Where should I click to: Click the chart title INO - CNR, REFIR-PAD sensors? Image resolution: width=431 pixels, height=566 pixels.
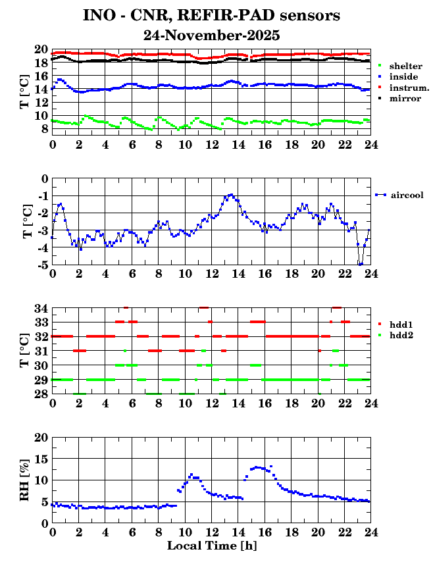(x=211, y=15)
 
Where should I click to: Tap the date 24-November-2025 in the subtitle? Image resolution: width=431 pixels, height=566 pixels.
(x=211, y=35)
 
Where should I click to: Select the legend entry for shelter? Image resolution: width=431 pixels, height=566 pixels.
(x=405, y=66)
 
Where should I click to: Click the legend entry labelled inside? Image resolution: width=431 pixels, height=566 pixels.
(x=403, y=77)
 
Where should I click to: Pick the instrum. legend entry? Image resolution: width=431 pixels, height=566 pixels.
(x=409, y=88)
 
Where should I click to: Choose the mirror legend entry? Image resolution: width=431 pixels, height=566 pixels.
(x=405, y=98)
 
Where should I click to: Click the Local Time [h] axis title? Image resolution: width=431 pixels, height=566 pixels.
(x=211, y=546)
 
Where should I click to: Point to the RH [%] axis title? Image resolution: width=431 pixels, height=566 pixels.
(x=27, y=480)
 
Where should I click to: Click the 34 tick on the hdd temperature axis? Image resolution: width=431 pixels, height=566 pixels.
(x=41, y=308)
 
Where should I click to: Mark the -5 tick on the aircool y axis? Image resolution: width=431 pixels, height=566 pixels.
(x=43, y=265)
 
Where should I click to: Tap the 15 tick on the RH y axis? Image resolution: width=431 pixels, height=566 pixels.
(x=41, y=459)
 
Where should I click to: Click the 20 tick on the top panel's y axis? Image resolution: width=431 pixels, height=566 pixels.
(x=41, y=49)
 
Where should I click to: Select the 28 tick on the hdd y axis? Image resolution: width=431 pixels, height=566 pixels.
(x=41, y=394)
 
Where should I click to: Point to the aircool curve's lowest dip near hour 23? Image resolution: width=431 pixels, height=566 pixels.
(x=360, y=264)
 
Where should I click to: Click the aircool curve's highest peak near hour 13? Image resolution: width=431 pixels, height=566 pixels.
(x=230, y=194)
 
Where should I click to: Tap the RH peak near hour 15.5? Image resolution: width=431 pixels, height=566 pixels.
(x=257, y=467)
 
